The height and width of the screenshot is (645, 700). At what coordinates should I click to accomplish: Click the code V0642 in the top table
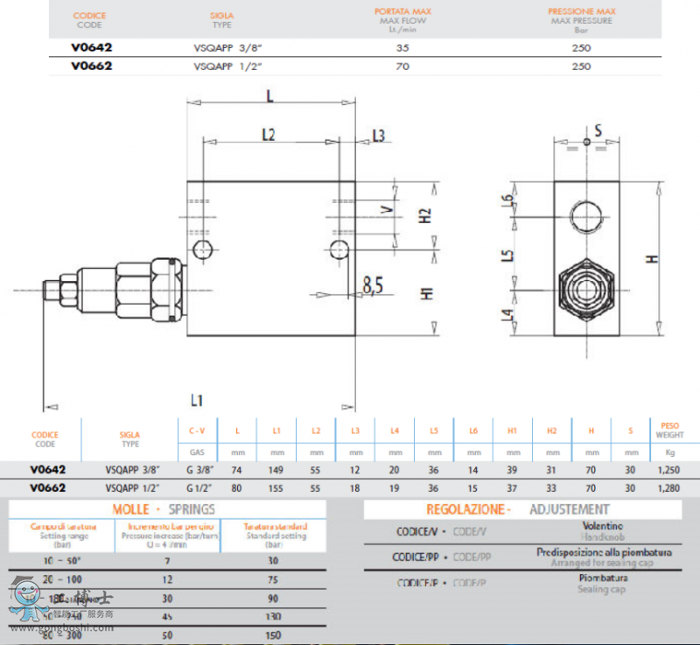[x=92, y=49]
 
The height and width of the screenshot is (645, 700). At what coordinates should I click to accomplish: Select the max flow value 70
[x=402, y=66]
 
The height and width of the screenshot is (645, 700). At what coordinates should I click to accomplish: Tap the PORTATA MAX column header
[x=404, y=14]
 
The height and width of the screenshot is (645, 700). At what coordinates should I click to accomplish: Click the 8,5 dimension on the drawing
[x=374, y=285]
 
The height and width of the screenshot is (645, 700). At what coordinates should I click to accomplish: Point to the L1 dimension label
[x=197, y=401]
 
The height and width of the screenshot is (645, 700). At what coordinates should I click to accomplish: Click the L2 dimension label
[x=269, y=135]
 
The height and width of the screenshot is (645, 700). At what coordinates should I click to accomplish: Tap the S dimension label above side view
[x=598, y=130]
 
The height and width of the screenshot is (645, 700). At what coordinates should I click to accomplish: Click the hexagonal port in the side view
[x=585, y=289]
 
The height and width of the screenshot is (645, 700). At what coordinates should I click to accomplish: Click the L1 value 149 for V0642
[x=276, y=470]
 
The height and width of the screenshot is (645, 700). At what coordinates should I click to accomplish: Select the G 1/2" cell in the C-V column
[x=198, y=487]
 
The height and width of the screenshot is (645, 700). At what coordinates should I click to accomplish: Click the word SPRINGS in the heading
[x=192, y=508]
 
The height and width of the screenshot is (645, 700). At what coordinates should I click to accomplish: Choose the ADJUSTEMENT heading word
[x=569, y=508]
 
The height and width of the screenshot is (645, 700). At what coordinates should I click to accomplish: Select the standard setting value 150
[x=272, y=635]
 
